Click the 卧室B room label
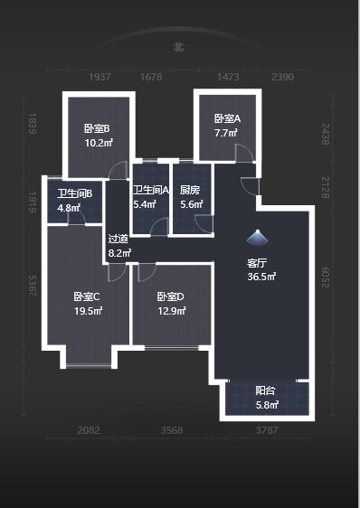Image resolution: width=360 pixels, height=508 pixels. click(98, 128)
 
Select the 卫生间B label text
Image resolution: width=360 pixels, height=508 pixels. click(73, 193)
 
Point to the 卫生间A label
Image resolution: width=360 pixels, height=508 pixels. click(151, 190)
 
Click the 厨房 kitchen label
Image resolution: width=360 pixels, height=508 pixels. click(189, 190)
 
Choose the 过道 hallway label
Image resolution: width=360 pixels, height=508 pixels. click(118, 240)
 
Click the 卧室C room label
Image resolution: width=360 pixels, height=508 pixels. click(87, 296)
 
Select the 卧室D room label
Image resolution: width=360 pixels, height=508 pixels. click(170, 296)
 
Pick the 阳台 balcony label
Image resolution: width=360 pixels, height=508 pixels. click(265, 391)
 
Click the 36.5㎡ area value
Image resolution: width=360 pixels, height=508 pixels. click(261, 277)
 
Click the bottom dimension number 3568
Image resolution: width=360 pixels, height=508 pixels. click(170, 430)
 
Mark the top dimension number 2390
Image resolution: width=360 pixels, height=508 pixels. click(283, 78)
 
